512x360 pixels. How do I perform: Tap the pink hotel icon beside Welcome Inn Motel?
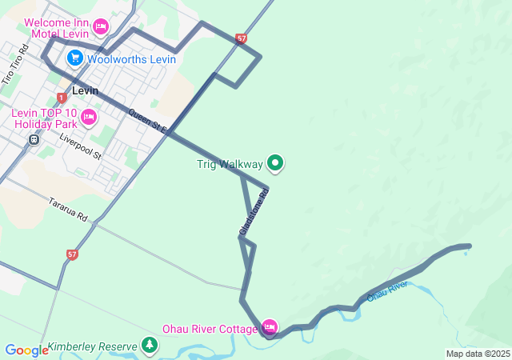[x=101, y=27]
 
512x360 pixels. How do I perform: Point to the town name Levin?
[x=85, y=90]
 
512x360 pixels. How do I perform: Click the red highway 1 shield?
[x=62, y=98]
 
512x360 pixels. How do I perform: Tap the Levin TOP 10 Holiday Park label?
[x=44, y=118]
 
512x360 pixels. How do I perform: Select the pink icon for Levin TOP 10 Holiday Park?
[x=88, y=118]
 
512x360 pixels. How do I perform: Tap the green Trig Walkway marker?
[x=275, y=164]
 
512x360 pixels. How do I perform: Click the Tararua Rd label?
[x=67, y=210]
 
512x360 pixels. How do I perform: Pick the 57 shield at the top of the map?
[x=242, y=38]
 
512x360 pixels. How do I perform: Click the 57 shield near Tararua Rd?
[x=73, y=254]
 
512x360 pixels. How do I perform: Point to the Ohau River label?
[x=387, y=290]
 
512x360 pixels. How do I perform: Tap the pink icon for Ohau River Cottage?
[x=270, y=327]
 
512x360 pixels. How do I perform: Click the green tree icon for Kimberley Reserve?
[x=149, y=346]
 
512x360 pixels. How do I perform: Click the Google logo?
[x=27, y=350]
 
